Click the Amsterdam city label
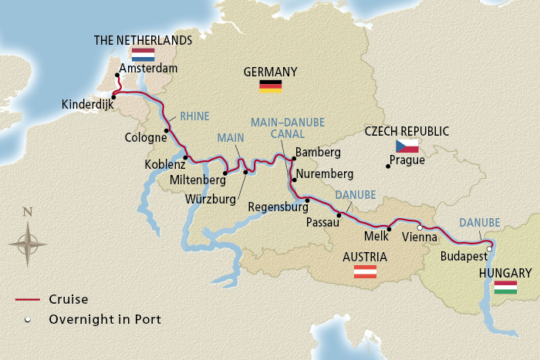coord(149,69)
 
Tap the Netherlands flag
coord(143,55)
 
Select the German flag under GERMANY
coord(270,86)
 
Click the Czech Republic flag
coord(407,146)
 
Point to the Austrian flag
coord(364,271)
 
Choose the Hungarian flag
coord(505,287)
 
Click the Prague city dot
coord(386,164)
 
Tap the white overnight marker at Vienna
coord(420,228)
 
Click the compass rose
coord(28,243)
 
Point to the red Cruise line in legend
coord(29,300)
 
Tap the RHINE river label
coord(194,116)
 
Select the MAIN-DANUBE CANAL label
coord(287,127)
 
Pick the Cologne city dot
coord(166,130)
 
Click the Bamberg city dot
coord(293,160)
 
